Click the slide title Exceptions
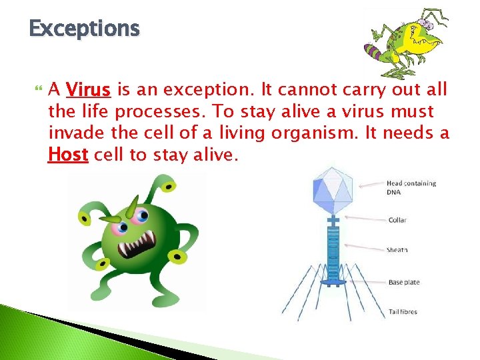[x=85, y=29]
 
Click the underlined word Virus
[x=89, y=89]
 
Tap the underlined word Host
[x=68, y=155]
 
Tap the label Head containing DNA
[x=411, y=187]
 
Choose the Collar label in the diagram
[x=397, y=220]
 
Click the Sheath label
[x=397, y=250]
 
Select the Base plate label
[x=404, y=282]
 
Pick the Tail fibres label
[x=404, y=312]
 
